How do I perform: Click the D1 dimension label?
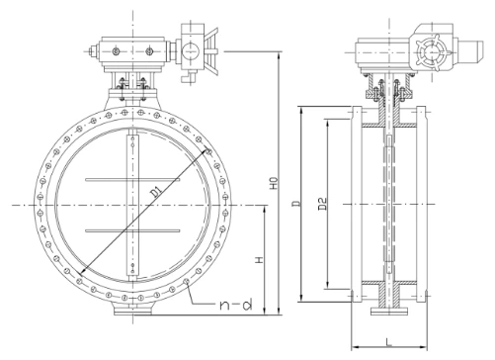pyautogui.click(x=157, y=193)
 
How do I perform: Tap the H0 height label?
pyautogui.click(x=274, y=184)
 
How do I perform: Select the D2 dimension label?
pyautogui.click(x=323, y=204)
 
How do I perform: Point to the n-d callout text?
pyautogui.click(x=236, y=304)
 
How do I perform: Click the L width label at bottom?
pyautogui.click(x=389, y=341)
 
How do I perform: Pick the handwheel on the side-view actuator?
pyautogui.click(x=431, y=52)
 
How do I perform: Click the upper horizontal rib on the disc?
pyautogui.click(x=132, y=180)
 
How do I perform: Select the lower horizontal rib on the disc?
pyautogui.click(x=132, y=230)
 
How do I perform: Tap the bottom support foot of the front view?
pyautogui.click(x=133, y=310)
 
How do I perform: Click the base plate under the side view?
pyautogui.click(x=389, y=311)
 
